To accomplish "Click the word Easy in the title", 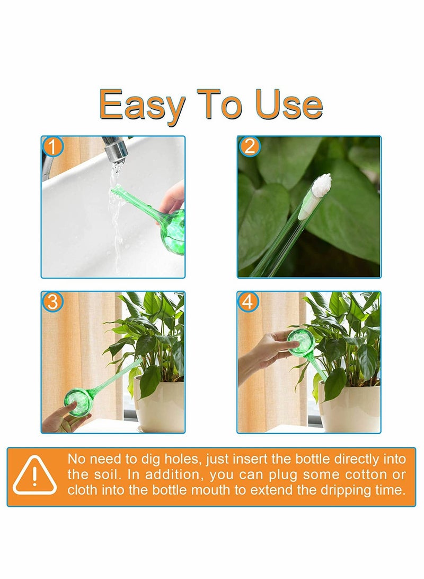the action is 142,106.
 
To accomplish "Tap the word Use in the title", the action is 289,105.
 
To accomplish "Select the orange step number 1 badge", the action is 52,146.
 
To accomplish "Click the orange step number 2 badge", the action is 249,146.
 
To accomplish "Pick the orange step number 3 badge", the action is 52,301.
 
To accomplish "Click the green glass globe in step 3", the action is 78,401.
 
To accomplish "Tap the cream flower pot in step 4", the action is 349,407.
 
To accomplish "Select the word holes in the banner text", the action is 183,459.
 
